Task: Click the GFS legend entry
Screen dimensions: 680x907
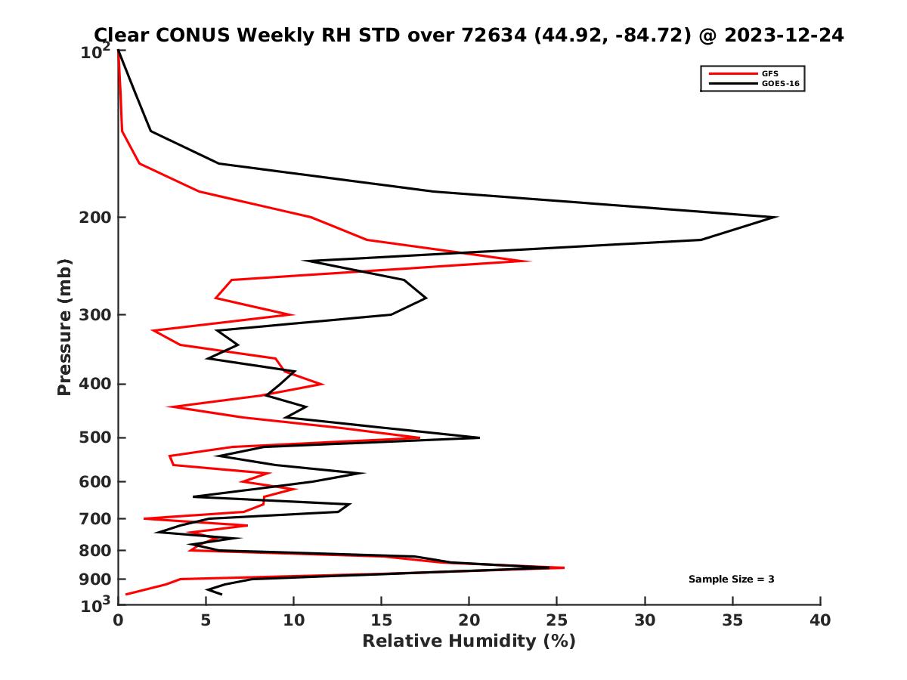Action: coord(771,73)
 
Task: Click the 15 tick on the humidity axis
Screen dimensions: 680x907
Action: coord(382,620)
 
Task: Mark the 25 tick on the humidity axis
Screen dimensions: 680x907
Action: coord(557,620)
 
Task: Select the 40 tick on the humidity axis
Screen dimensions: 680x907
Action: coord(820,620)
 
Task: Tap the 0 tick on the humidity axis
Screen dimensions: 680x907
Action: coord(118,620)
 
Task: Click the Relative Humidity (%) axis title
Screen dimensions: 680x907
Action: coord(469,641)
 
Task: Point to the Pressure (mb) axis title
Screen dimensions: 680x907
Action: coord(64,327)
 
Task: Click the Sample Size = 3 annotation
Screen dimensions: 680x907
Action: coord(731,580)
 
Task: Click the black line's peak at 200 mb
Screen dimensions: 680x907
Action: coord(776,218)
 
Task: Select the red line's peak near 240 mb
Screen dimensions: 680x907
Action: coord(529,261)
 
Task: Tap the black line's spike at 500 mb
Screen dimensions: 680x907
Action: coord(478,437)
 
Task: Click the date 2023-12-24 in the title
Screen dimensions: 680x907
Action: coord(783,35)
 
